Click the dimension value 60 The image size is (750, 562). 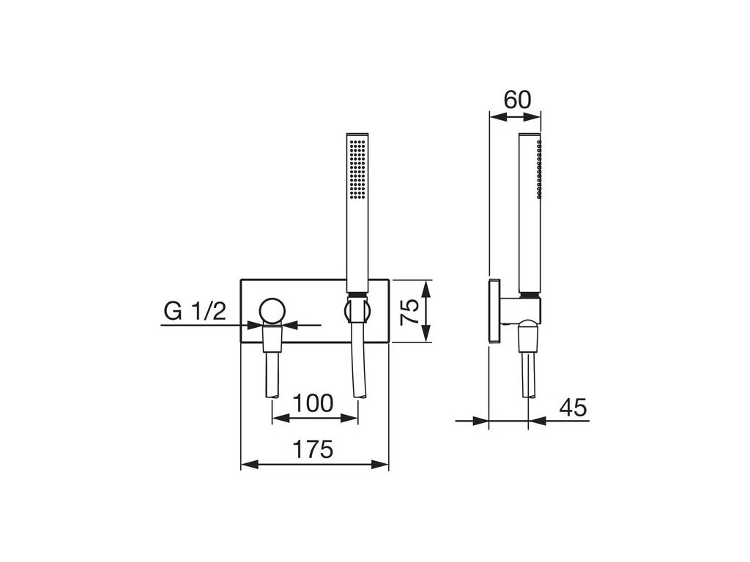click(517, 100)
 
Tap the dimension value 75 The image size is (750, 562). click(409, 311)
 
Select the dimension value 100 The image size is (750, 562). click(313, 403)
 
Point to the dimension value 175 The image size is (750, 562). click(313, 450)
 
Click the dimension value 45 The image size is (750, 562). click(573, 408)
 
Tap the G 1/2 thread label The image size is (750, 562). click(194, 312)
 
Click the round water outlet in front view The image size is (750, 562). click(272, 312)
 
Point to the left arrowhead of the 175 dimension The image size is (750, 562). click(249, 463)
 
